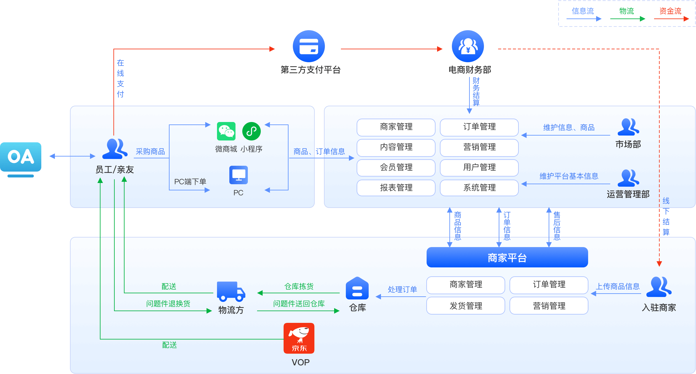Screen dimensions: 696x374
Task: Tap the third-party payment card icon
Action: (309, 46)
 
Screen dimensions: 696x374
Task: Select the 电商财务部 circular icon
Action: (468, 46)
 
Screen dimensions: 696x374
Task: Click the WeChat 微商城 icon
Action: (226, 131)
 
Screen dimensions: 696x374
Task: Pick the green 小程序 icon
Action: (252, 131)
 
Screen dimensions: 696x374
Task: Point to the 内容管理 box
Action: (396, 147)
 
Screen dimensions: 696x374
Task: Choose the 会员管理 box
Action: (396, 168)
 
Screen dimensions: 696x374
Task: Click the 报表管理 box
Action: (396, 188)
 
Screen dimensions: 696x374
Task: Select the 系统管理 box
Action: (479, 188)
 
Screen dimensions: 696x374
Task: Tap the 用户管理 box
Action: (479, 168)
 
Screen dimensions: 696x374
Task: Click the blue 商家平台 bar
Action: (507, 257)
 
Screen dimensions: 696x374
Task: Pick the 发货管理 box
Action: (466, 306)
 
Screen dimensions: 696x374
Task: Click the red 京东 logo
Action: (299, 338)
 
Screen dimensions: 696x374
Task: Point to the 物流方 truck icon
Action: (231, 291)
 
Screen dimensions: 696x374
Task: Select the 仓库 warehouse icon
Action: (357, 288)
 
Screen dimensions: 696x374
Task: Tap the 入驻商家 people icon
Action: (659, 287)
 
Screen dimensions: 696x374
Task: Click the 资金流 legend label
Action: (670, 11)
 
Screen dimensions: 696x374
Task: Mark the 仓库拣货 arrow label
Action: (299, 287)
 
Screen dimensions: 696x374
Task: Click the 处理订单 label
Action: (402, 290)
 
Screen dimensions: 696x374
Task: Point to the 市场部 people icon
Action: (628, 127)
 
